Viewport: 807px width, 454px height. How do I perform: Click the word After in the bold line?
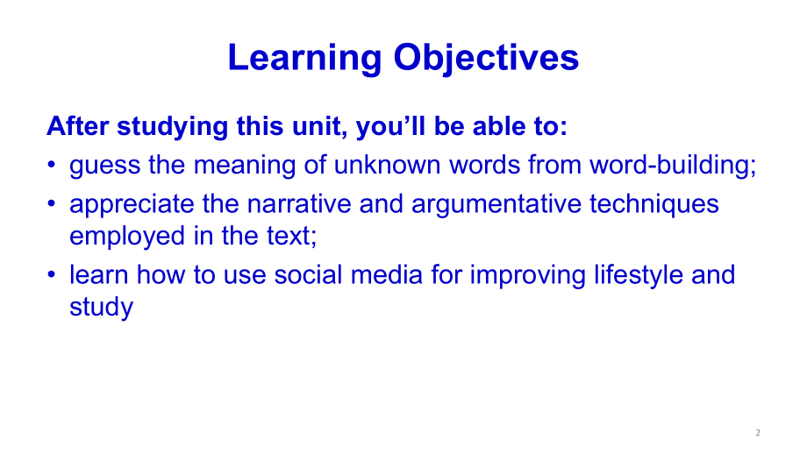pyautogui.click(x=75, y=126)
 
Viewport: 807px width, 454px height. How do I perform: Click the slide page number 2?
pyautogui.click(x=757, y=433)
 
